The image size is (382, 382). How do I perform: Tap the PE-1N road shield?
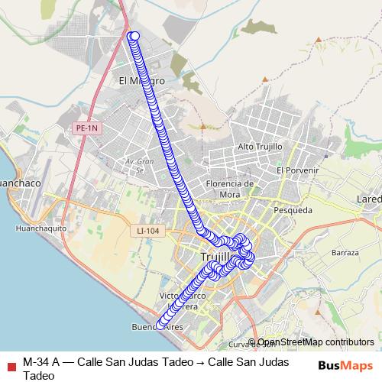tap(88, 130)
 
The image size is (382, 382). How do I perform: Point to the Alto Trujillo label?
tap(261, 146)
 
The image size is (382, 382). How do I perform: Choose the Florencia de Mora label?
tap(230, 188)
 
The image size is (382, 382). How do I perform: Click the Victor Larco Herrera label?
tap(182, 300)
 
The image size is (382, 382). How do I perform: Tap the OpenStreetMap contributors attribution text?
tap(316, 342)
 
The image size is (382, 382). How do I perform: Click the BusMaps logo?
tap(345, 364)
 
